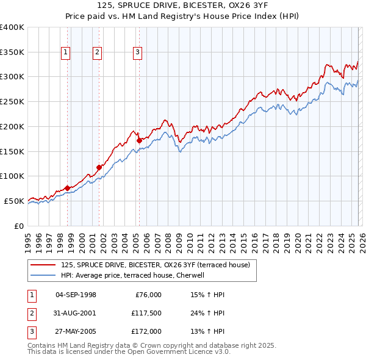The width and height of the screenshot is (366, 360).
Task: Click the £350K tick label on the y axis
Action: [x=12, y=52]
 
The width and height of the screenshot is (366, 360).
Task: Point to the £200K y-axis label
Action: [x=12, y=126]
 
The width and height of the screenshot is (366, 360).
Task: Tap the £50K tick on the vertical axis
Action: [x=14, y=201]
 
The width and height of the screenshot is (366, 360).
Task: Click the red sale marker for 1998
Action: [x=67, y=188]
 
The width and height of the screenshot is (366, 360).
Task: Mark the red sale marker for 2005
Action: [x=140, y=140]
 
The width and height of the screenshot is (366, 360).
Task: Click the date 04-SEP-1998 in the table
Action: [x=76, y=295]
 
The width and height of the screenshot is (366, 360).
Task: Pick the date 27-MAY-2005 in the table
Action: [x=76, y=332]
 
